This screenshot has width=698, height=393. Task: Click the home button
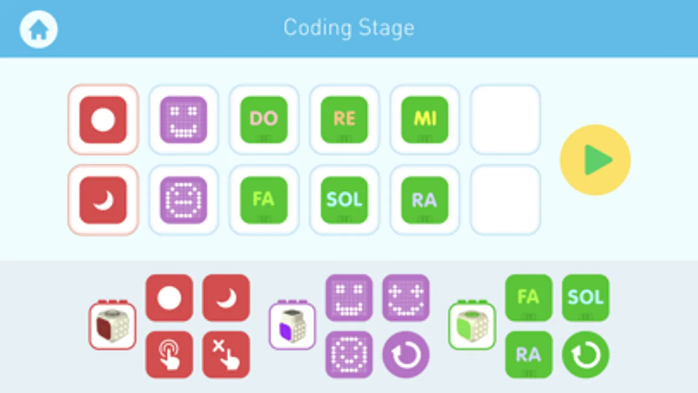coord(38,29)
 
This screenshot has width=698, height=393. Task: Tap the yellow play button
coord(595,160)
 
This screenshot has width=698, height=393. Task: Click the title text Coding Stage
coord(349,28)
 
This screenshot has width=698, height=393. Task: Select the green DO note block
coord(264,119)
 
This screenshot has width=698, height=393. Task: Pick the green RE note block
coord(344,119)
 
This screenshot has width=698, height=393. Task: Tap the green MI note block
coord(424,119)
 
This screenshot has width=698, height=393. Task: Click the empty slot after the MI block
coord(505,119)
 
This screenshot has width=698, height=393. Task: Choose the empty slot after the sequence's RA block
coord(505,200)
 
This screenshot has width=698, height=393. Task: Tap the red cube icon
coord(113,326)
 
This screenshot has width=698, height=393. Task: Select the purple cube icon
coord(292,326)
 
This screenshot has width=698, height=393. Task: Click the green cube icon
coord(472,326)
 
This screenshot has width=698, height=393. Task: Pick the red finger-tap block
coord(169,354)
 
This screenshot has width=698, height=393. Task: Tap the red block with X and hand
coord(226,354)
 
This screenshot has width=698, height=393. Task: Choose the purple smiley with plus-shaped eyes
coord(406,298)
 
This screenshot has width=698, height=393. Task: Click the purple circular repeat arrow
coord(406,354)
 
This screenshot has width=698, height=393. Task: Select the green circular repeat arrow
coord(585,354)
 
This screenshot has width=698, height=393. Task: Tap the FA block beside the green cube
coord(528,298)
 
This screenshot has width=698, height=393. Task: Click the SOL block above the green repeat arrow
coord(585,298)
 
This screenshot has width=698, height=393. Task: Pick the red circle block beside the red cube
coord(169,298)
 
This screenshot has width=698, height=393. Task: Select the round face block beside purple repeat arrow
coord(349,354)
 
